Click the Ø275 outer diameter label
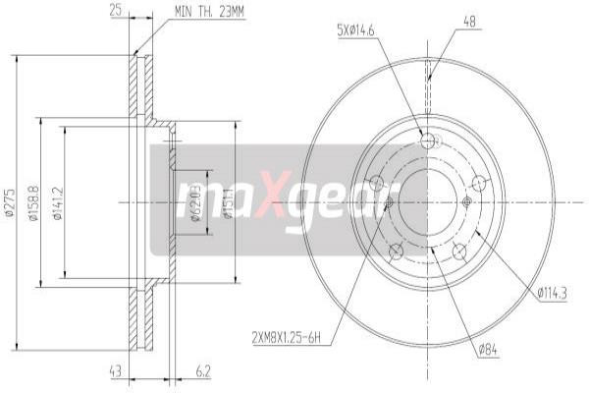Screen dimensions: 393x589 tap(9, 201)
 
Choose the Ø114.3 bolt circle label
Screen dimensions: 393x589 tap(555, 290)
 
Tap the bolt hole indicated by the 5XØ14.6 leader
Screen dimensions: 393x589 tap(427, 142)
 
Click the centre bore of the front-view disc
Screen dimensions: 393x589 tap(427, 201)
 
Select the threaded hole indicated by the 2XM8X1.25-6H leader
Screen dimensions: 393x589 tap(388, 202)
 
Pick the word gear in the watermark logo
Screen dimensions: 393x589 tap(333, 201)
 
